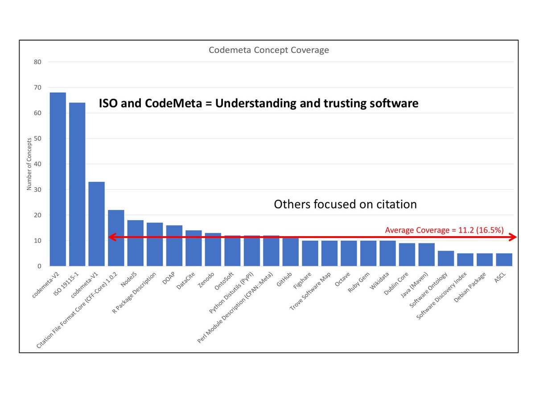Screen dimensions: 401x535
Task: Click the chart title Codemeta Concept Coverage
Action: pos(269,50)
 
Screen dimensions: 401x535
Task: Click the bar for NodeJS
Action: pos(136,243)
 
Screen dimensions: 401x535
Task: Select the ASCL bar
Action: pos(504,260)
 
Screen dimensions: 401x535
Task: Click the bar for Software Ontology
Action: pos(446,258)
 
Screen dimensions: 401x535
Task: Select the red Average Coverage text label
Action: pos(444,230)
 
